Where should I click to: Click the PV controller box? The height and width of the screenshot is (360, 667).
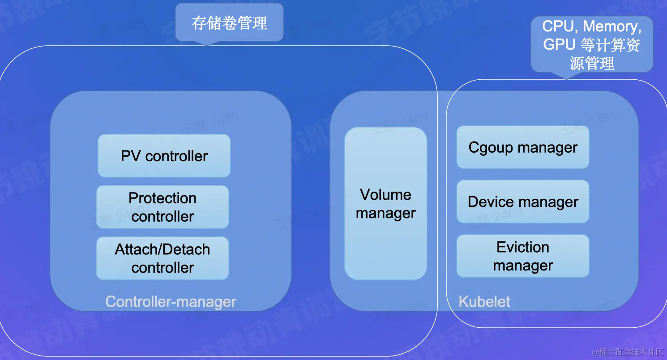164,156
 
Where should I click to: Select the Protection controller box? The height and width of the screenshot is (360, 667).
162,207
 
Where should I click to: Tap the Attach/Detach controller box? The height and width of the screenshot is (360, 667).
162,258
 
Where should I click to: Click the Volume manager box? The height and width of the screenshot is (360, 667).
385,204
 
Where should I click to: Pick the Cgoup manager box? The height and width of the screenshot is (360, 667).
523,147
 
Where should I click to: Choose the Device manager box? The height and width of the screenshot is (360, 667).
523,201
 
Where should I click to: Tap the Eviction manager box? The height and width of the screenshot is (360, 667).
523,256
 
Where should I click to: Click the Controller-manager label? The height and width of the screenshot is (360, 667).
171,301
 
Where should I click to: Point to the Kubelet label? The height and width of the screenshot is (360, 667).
484,301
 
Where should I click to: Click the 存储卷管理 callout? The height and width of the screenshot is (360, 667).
229,22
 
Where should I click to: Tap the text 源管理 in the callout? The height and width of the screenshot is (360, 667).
592,63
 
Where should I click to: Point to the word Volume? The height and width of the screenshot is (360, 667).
385,195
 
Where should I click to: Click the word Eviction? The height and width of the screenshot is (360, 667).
523,247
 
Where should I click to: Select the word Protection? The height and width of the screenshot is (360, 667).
162,198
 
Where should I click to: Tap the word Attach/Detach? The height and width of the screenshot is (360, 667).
162,249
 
